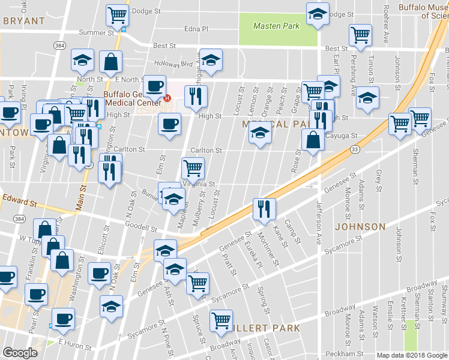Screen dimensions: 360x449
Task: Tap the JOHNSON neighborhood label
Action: [x=360, y=227]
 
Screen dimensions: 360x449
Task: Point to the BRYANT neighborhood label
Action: [x=24, y=20]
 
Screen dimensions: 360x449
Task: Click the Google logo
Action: [x=20, y=353]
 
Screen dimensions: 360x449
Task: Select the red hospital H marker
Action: [x=168, y=98]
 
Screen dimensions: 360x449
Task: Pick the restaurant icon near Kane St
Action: [x=264, y=209]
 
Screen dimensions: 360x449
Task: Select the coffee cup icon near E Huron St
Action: [x=62, y=318]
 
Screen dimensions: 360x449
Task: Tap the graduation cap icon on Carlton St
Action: [x=259, y=132]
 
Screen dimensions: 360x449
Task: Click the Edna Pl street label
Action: [x=196, y=28]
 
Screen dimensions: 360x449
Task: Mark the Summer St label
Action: [x=96, y=32]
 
